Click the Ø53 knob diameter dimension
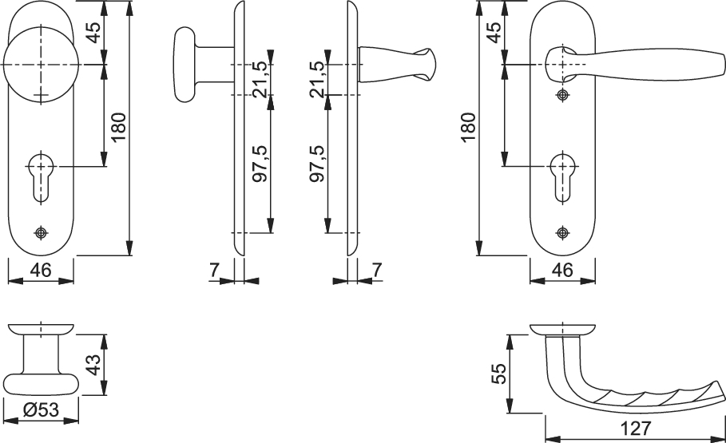click(41, 409)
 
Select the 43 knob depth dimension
click(93, 365)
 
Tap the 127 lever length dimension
click(635, 428)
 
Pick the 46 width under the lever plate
click(562, 270)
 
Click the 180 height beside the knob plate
click(118, 127)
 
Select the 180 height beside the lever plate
click(469, 127)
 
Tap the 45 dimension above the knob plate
click(94, 32)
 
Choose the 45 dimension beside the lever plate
click(494, 32)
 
